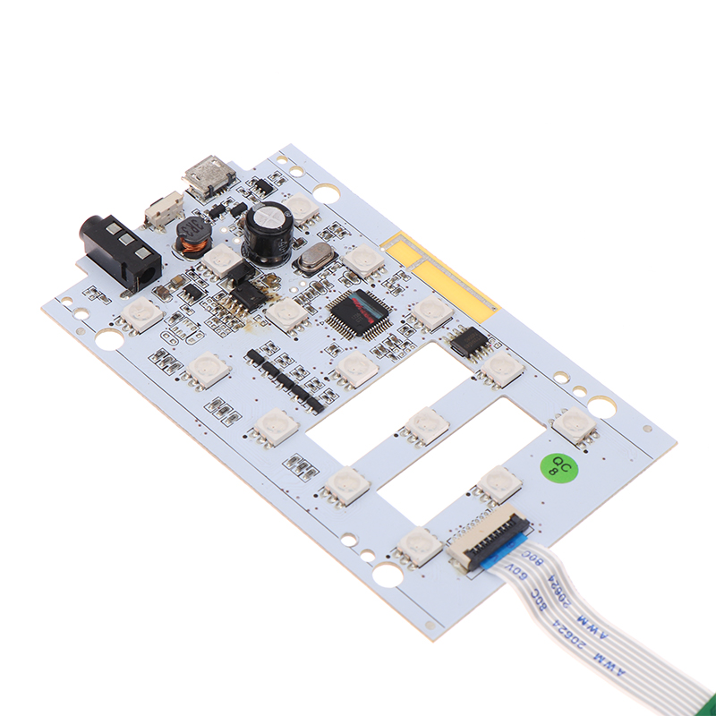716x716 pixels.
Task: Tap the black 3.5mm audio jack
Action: click(x=120, y=250)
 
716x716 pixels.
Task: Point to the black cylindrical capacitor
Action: click(x=269, y=232)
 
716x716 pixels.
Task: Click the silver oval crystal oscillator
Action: click(x=316, y=260)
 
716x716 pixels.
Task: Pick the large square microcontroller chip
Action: click(x=359, y=312)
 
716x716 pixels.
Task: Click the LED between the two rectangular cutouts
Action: click(x=426, y=424)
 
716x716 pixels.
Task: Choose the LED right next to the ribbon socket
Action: click(x=418, y=543)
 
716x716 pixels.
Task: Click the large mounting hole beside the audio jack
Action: click(x=109, y=339)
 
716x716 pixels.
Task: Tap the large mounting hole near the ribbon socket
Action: click(x=388, y=575)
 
